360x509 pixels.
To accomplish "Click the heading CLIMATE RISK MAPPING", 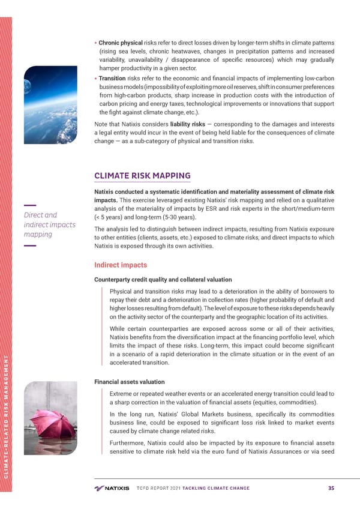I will pos(142,176).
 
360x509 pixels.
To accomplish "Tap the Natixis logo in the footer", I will pos(112,487).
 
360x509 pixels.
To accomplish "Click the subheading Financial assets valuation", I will pos(129,381).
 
